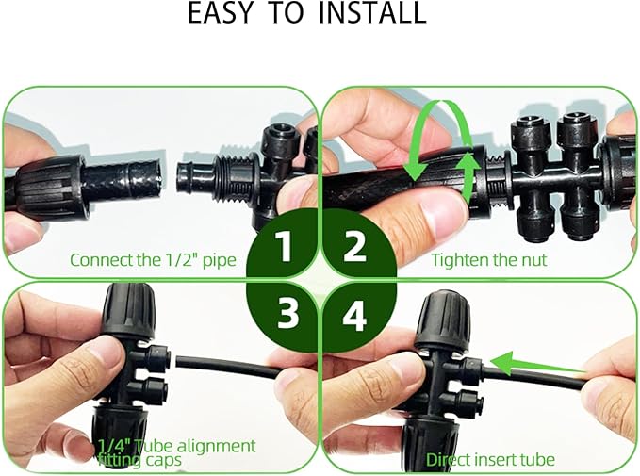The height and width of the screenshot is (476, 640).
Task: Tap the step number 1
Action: [x=284, y=247]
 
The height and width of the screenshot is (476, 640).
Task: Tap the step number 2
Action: [x=354, y=247]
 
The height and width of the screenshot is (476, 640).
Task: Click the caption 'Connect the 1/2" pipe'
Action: [x=156, y=260]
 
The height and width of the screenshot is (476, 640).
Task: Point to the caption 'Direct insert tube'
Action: [x=490, y=460]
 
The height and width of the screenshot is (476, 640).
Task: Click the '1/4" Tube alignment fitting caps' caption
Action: [x=176, y=451]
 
